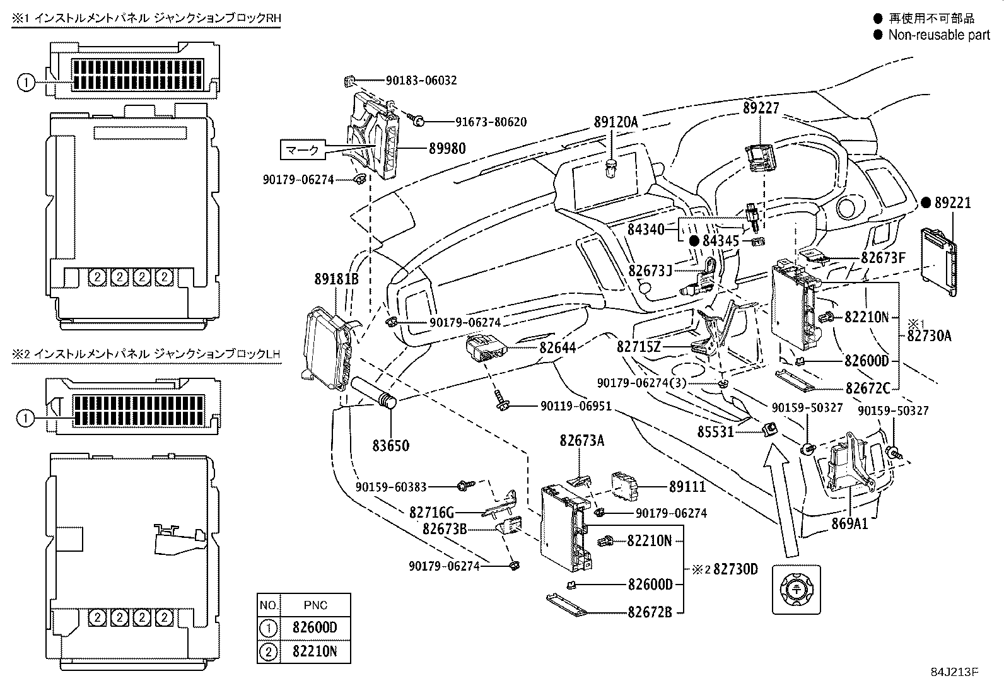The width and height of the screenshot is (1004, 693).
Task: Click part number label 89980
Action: (447, 148)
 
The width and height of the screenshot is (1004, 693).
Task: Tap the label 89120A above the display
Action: (616, 122)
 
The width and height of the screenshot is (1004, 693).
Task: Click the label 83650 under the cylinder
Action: (390, 445)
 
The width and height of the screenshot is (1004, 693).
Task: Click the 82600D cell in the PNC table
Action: (315, 628)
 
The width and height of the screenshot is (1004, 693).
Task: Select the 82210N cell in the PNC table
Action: (315, 651)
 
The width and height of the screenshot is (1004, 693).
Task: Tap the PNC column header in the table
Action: (315, 605)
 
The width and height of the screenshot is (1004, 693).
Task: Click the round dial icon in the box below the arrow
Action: (797, 590)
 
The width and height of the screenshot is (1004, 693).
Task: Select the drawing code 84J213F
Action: (956, 672)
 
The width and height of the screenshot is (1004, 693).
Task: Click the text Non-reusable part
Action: (939, 35)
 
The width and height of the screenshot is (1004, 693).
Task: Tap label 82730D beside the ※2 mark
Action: (735, 569)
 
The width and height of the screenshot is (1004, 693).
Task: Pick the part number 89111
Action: (687, 486)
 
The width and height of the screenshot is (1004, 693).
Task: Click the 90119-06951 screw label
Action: (576, 407)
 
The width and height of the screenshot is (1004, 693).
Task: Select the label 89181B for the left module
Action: (337, 279)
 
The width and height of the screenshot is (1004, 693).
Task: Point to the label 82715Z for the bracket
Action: (638, 347)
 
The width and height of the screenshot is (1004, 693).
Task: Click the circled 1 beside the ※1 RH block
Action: (26, 82)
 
